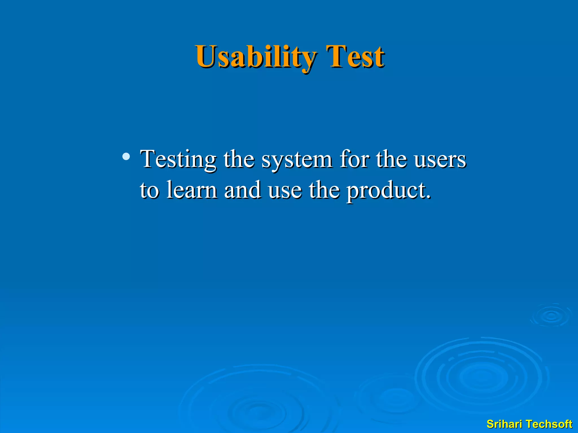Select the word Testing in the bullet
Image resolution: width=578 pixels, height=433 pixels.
(178, 160)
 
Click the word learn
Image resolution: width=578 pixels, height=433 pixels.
(192, 190)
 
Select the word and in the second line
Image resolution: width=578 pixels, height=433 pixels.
(242, 190)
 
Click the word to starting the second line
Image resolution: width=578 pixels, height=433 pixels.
(149, 190)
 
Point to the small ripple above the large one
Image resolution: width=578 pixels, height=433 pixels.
(551, 315)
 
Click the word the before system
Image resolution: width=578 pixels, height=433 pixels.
(239, 159)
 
